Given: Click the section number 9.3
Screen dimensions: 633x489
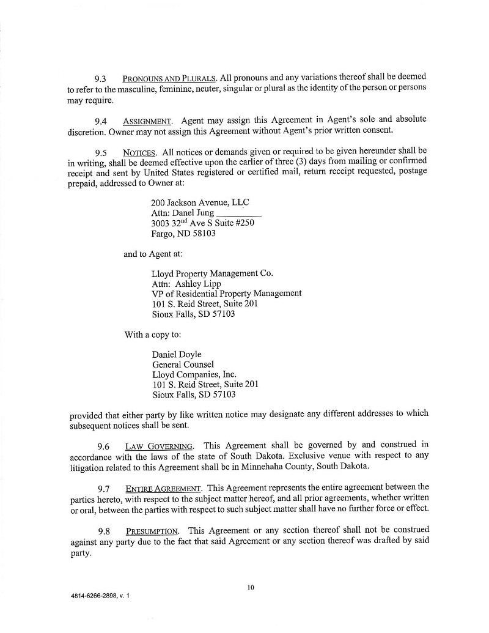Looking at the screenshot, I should (x=101, y=79).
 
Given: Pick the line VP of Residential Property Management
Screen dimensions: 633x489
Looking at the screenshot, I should (x=226, y=294).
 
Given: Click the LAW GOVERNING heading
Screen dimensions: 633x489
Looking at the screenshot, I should (x=159, y=445).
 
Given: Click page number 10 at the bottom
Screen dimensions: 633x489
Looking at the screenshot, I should (x=251, y=588).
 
